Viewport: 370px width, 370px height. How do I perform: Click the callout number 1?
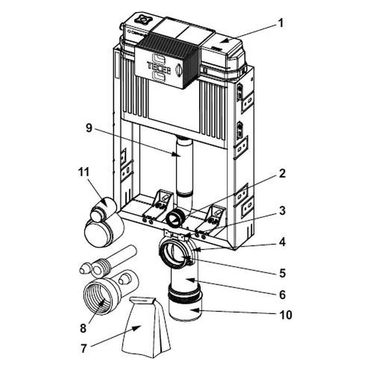(x=280, y=23)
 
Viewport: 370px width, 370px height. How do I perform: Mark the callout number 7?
(x=84, y=349)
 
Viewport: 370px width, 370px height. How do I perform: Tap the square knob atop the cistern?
(x=142, y=18)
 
